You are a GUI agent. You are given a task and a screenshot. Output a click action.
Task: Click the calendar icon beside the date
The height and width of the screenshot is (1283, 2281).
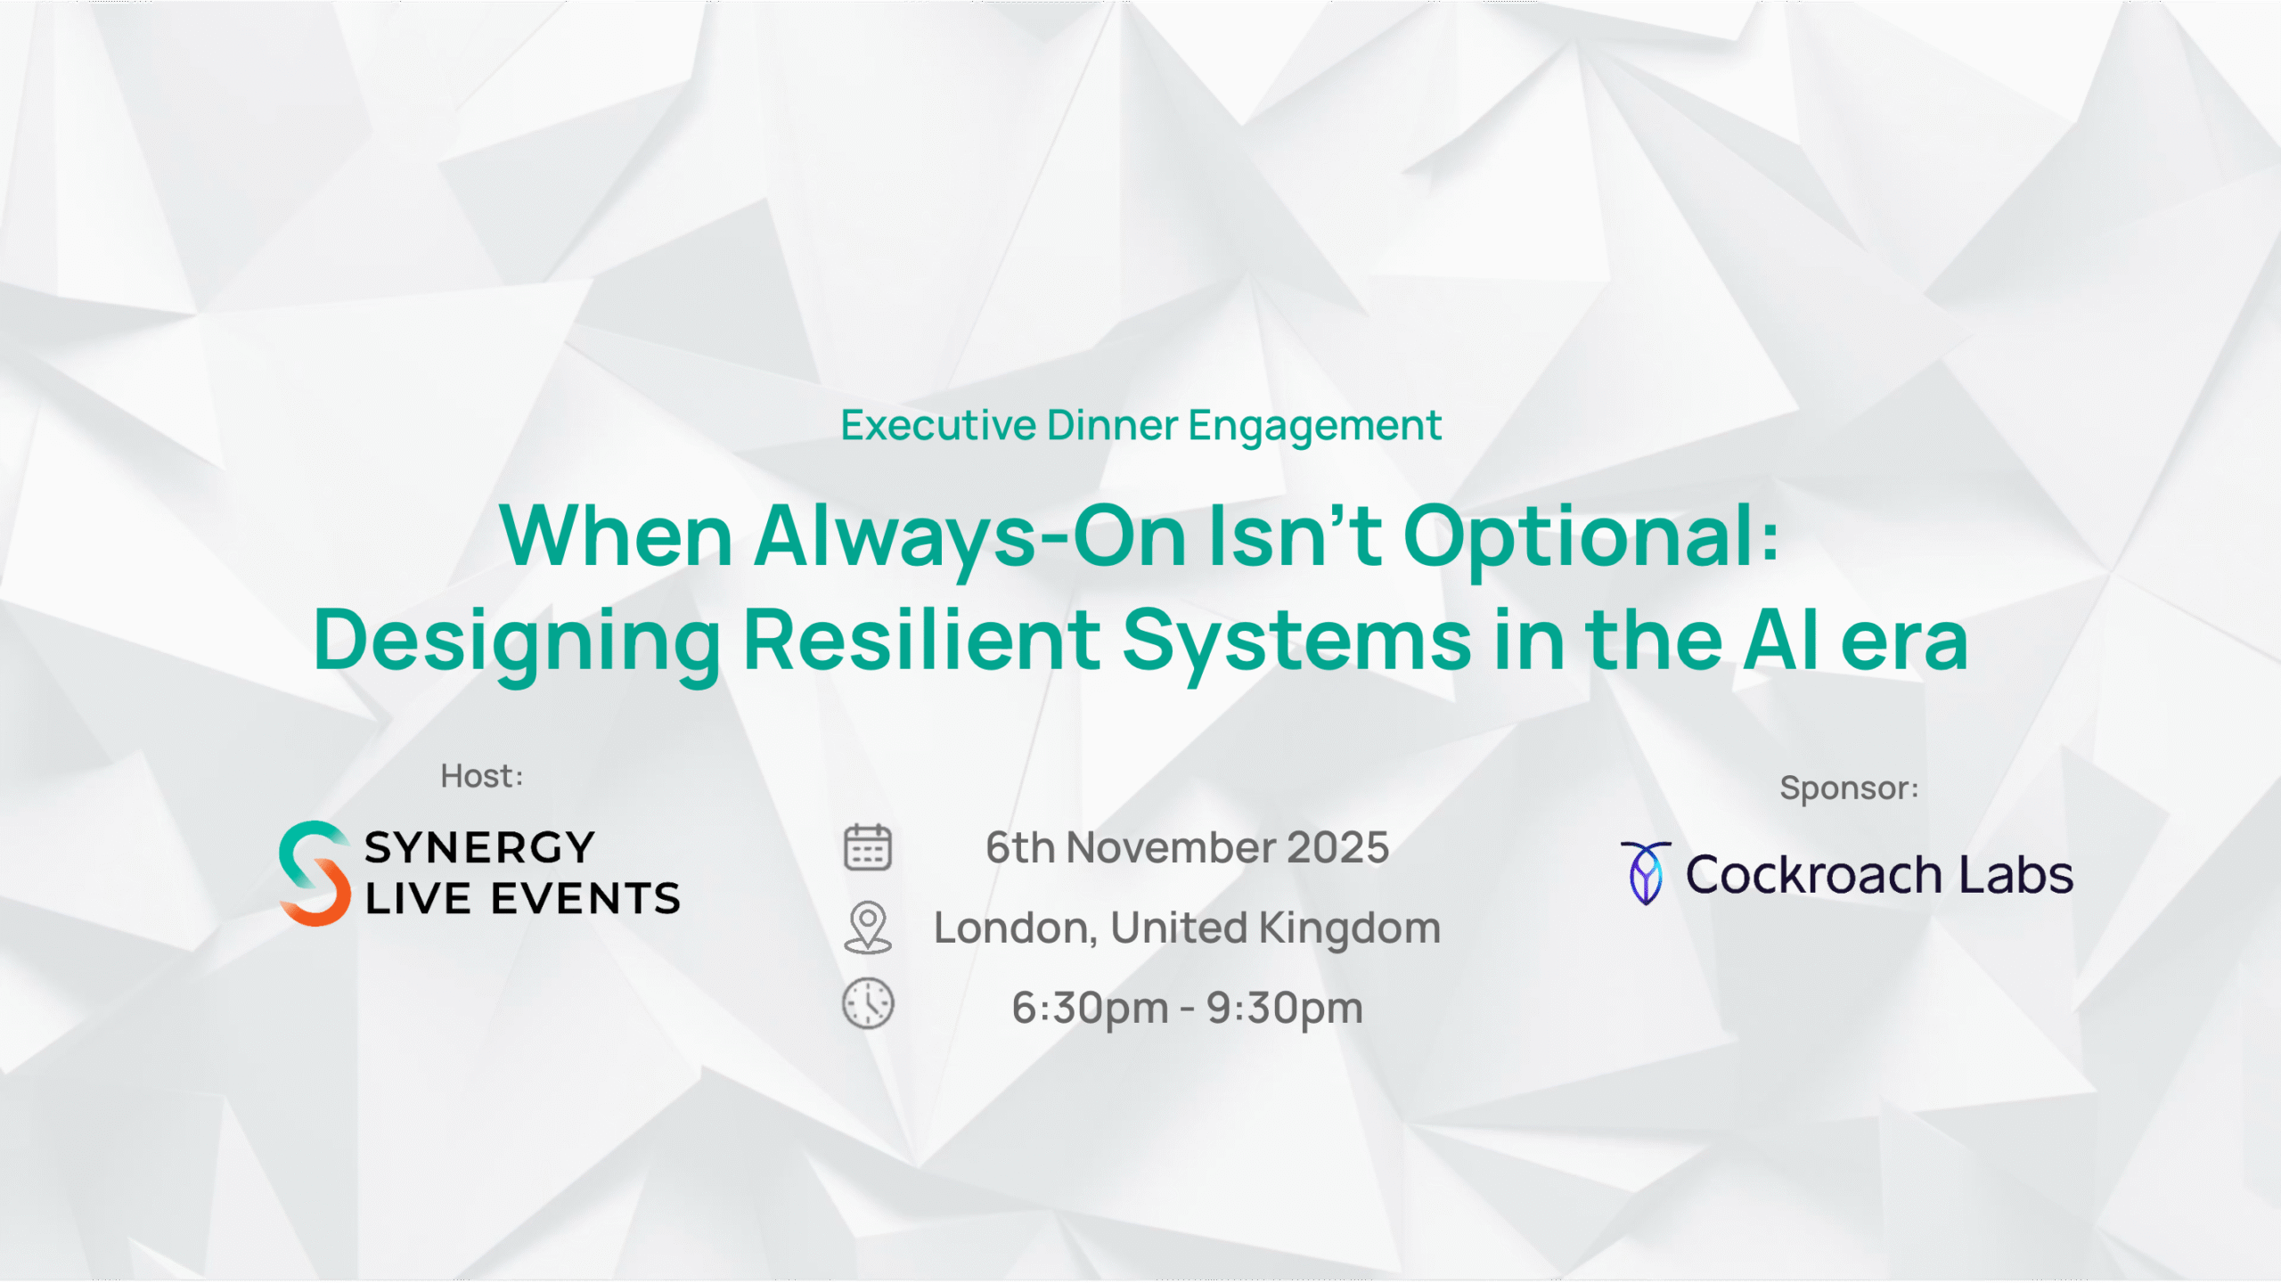coord(867,846)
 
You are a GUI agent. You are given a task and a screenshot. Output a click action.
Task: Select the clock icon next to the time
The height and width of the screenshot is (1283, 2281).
coord(867,1003)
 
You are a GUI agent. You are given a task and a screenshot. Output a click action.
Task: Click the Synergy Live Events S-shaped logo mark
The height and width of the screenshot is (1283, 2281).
coord(315,873)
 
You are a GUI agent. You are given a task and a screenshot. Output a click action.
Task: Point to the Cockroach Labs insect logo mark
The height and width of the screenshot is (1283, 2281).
coord(1646,873)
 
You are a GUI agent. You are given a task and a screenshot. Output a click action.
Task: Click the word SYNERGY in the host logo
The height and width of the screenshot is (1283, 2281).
coord(479,847)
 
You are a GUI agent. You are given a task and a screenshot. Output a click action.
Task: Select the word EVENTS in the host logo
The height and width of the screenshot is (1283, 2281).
coord(585,898)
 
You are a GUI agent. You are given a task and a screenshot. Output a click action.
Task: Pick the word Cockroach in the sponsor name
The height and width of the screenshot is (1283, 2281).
coord(1813,874)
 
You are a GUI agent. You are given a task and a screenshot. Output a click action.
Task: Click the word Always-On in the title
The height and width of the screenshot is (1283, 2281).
coord(970,537)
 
